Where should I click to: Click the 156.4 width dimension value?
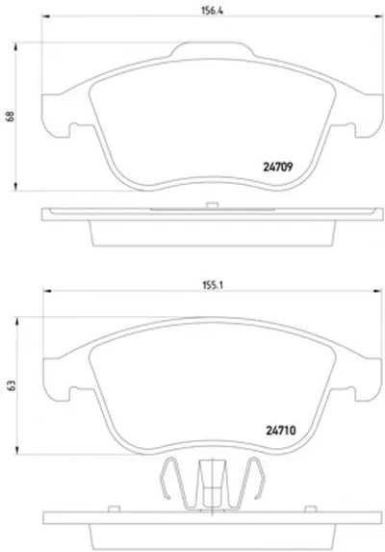[x=212, y=11]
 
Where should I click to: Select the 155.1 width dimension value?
[x=213, y=285]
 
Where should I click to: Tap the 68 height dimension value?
[x=11, y=117]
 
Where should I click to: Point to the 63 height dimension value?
[x=12, y=385]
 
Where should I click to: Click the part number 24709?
[x=278, y=167]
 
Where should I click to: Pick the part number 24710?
[x=281, y=431]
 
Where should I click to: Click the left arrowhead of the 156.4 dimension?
[x=46, y=15]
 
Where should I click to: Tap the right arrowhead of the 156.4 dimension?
[x=378, y=15]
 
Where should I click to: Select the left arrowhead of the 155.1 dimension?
[x=47, y=291]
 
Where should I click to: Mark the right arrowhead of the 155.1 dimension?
[x=377, y=291]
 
